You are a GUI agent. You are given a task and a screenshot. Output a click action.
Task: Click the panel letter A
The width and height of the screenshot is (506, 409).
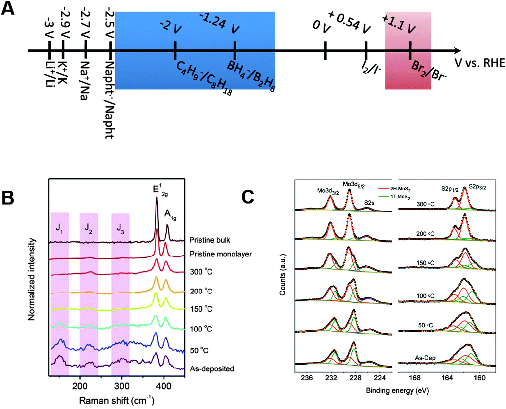(x=8, y=8)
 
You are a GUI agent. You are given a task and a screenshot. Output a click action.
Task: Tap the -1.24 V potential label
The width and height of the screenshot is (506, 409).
(x=219, y=23)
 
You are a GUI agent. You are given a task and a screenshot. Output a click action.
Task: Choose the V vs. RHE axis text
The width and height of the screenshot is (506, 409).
(x=480, y=63)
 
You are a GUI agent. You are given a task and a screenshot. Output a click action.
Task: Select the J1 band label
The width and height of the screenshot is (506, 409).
(x=60, y=229)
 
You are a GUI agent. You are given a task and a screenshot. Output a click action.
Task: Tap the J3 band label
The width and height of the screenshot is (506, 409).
(x=120, y=229)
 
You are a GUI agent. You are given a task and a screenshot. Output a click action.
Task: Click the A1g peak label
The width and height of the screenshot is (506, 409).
(x=170, y=215)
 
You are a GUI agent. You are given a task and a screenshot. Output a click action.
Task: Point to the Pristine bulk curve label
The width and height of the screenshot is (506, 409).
(x=210, y=240)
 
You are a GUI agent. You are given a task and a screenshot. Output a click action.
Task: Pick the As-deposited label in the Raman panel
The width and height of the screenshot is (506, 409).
(x=212, y=369)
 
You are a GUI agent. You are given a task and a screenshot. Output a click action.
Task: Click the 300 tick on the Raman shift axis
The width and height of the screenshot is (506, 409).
(x=121, y=386)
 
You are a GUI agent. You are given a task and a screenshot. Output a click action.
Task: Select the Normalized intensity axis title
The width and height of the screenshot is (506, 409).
(x=32, y=279)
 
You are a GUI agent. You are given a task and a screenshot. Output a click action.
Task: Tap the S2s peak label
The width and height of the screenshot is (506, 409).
(x=369, y=203)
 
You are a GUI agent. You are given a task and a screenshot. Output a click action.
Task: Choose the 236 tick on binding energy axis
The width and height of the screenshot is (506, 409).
(x=307, y=378)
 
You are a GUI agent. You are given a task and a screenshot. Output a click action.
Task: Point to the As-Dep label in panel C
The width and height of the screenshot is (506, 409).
(x=425, y=358)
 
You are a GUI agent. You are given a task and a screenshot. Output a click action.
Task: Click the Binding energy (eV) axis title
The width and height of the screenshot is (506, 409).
(x=397, y=391)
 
